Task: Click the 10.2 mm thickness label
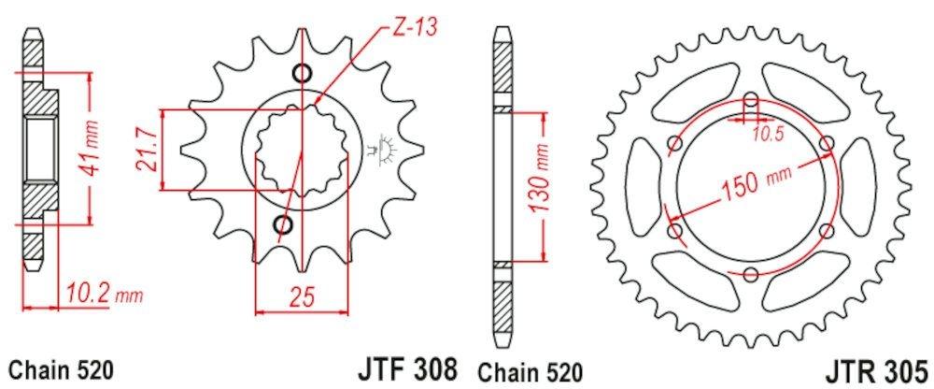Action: [x=103, y=297]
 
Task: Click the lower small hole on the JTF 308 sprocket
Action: [x=281, y=223]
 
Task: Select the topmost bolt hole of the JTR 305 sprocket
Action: [x=753, y=100]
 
